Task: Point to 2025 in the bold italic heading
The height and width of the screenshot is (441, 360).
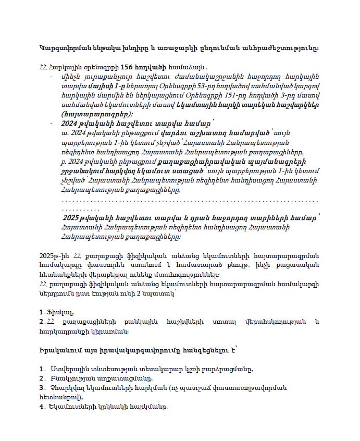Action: coord(73,218)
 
